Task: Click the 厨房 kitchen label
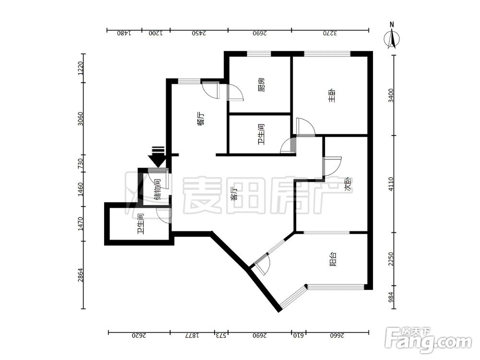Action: [261, 85]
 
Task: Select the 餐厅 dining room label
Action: [201, 119]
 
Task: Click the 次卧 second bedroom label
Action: [348, 185]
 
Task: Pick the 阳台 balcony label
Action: [334, 259]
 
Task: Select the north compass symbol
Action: [392, 36]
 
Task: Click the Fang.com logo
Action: [428, 340]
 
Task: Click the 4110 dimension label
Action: [390, 184]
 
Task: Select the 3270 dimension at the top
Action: [330, 33]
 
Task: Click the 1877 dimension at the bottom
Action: [192, 336]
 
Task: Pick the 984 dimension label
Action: [390, 297]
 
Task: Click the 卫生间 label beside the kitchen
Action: [261, 134]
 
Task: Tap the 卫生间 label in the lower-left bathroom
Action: [141, 224]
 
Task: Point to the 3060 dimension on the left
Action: [80, 119]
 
